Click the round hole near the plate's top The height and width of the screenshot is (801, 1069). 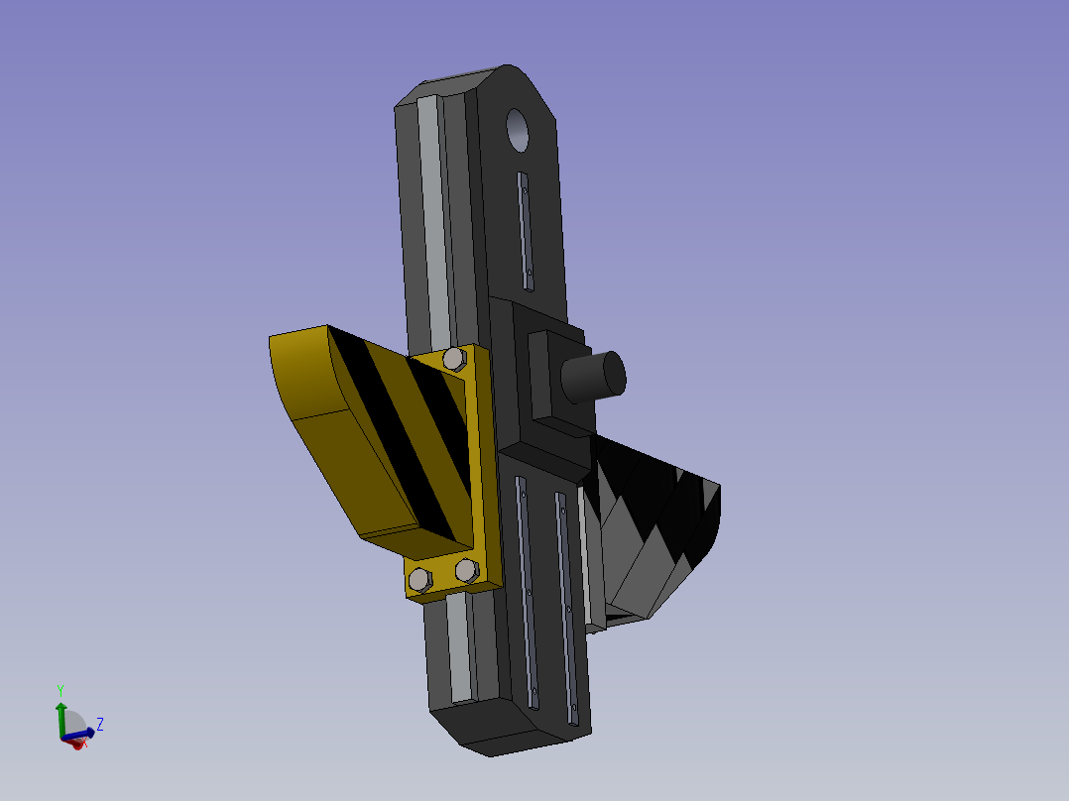pyautogui.click(x=518, y=130)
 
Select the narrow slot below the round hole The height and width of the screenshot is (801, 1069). pyautogui.click(x=525, y=232)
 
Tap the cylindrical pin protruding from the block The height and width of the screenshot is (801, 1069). pyautogui.click(x=593, y=377)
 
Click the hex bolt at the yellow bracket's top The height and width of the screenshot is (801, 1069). pyautogui.click(x=455, y=359)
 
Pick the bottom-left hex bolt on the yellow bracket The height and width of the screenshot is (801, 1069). pyautogui.click(x=419, y=580)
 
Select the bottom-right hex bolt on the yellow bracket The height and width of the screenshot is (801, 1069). pyautogui.click(x=467, y=571)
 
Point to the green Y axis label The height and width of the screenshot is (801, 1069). pyautogui.click(x=59, y=691)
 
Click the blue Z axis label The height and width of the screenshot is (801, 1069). pyautogui.click(x=99, y=724)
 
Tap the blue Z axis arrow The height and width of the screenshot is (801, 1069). pyautogui.click(x=79, y=735)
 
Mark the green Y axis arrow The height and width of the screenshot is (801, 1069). pyautogui.click(x=61, y=720)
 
